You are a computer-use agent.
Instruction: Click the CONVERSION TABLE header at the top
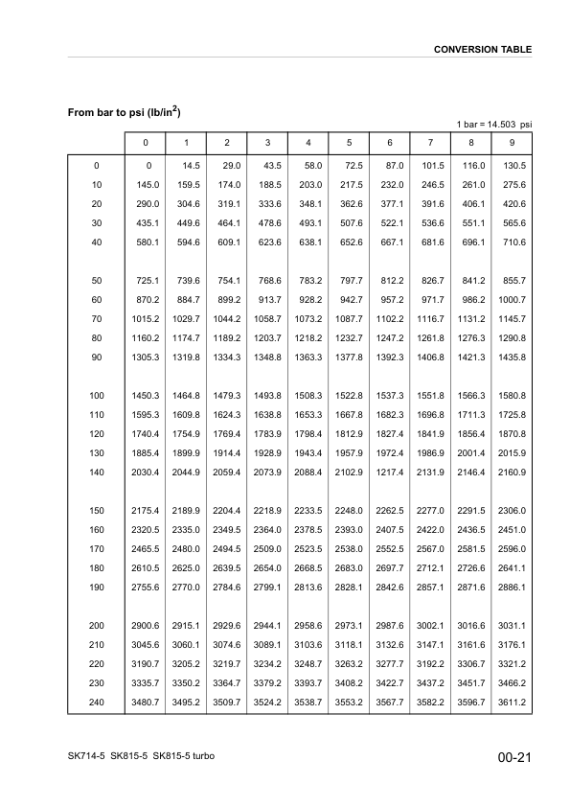(x=483, y=49)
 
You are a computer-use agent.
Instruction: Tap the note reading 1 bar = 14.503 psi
(x=493, y=125)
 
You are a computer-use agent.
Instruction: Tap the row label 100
(x=96, y=396)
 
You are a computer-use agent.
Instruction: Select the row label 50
(x=96, y=280)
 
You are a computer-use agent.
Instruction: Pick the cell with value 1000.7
(x=512, y=299)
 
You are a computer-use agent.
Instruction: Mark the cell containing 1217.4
(x=390, y=473)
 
